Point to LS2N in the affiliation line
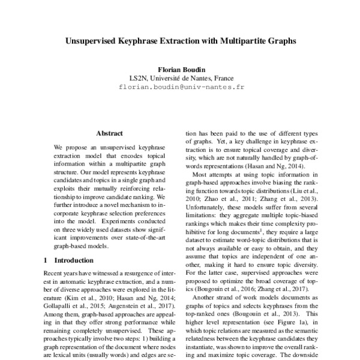(139, 78)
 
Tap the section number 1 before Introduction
(47, 260)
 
